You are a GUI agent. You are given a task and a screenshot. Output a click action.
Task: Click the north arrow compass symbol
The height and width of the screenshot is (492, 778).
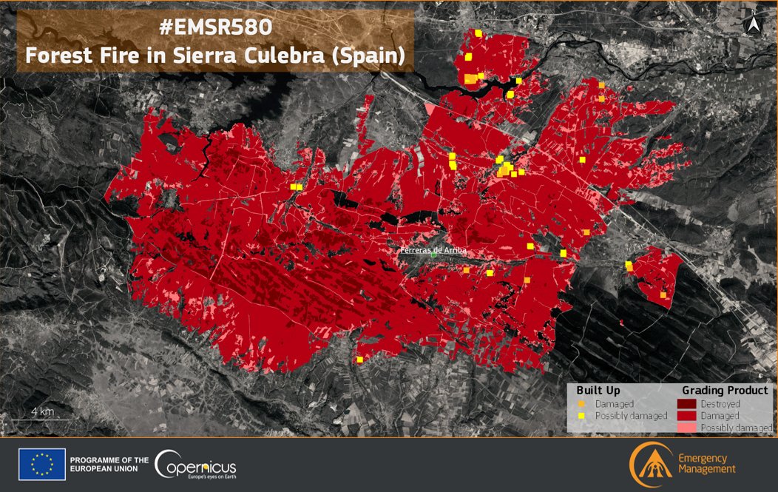[754, 24]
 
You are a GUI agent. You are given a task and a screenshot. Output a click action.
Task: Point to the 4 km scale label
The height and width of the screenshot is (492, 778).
[42, 411]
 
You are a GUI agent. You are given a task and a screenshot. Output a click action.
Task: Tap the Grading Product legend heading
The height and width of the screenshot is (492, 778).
[725, 390]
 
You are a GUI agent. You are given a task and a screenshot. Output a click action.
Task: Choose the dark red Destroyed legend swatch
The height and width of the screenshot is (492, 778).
[687, 404]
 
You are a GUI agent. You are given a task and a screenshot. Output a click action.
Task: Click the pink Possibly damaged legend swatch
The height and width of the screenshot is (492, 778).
[687, 428]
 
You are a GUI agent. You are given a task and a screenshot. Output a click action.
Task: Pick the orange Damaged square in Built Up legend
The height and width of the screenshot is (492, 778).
[582, 404]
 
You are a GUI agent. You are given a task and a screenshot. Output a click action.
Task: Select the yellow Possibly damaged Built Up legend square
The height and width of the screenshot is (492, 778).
[582, 416]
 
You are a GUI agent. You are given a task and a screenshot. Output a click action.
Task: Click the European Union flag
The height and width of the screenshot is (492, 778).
[41, 465]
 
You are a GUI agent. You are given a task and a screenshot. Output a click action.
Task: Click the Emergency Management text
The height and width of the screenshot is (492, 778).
[706, 464]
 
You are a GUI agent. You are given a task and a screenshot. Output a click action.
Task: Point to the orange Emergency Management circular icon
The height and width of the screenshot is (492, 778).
[650, 464]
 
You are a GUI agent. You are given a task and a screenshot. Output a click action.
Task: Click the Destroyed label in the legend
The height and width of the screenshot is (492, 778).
[720, 404]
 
